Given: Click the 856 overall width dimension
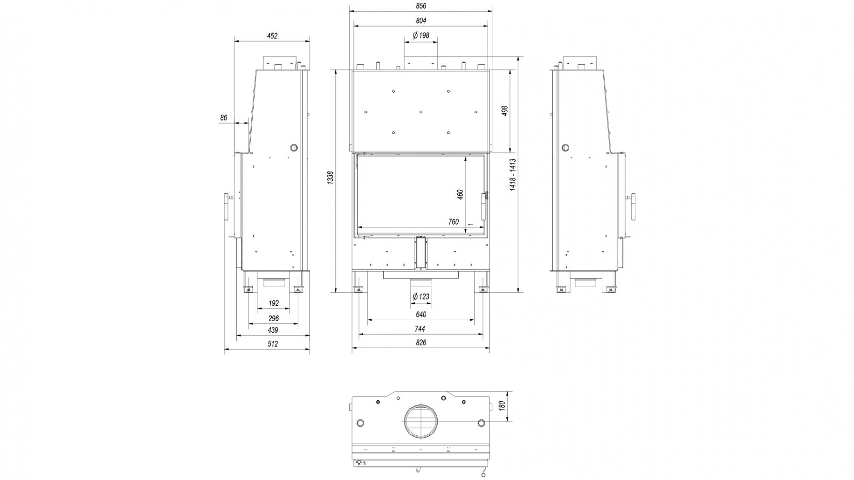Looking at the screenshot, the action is (420, 6).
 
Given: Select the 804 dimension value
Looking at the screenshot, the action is (420, 21).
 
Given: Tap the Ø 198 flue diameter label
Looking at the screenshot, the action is (420, 35).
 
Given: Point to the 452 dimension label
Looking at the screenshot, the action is (272, 35).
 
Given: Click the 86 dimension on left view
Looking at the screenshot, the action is (224, 118).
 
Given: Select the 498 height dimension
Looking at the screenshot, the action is (505, 111).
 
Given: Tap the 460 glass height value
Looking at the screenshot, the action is (460, 195).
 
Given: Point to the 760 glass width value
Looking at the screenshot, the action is (453, 222).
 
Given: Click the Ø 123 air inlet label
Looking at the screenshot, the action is (420, 296).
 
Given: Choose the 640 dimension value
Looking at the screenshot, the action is (420, 315).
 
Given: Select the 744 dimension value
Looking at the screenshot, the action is (420, 329).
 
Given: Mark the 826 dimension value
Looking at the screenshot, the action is (420, 343).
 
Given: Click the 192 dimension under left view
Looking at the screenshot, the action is (274, 303).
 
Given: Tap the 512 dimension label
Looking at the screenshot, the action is (273, 344).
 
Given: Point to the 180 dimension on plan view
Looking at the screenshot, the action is (502, 405).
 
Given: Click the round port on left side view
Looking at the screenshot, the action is (294, 148).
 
